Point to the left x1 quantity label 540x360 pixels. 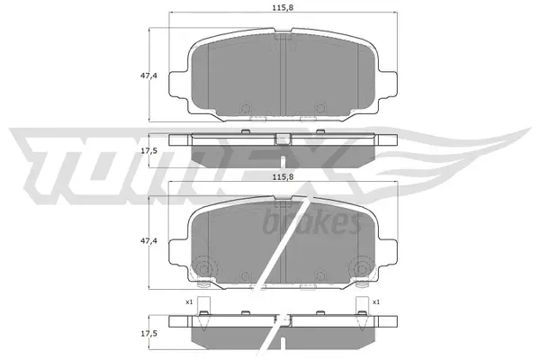click(x=190, y=302)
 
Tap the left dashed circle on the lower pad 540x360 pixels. click(x=204, y=268)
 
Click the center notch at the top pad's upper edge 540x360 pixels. click(x=283, y=39)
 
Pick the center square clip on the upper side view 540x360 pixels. click(x=283, y=139)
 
